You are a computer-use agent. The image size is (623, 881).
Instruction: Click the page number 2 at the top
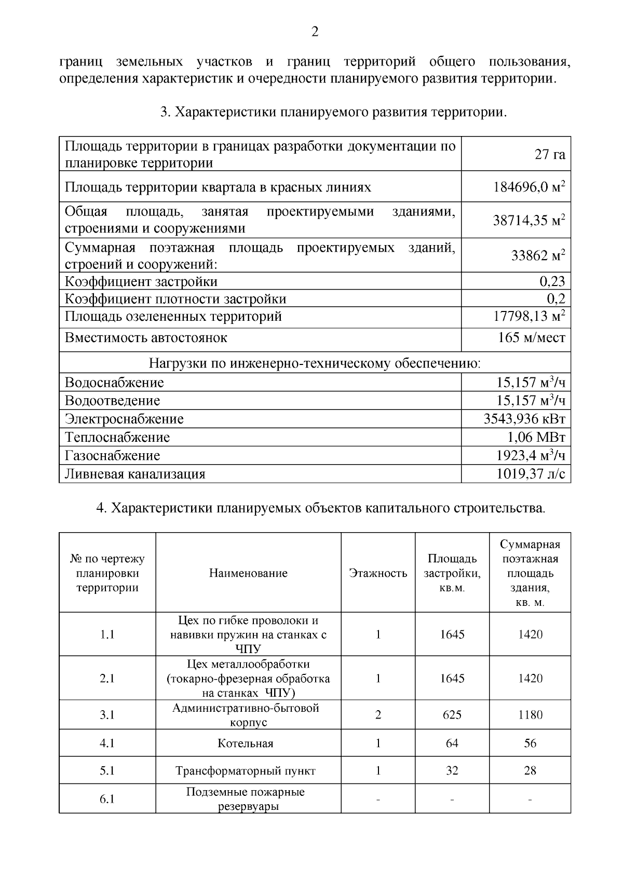click(315, 32)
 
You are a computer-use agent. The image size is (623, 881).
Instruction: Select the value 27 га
click(550, 154)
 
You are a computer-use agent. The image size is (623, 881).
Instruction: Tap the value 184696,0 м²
click(529, 187)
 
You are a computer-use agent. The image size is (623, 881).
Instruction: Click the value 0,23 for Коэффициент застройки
click(552, 281)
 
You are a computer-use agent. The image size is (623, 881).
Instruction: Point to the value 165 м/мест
click(531, 338)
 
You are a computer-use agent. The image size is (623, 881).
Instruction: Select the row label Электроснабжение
click(124, 419)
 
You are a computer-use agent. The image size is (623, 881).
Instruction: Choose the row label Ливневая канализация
click(135, 474)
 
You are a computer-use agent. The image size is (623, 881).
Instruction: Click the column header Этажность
click(378, 573)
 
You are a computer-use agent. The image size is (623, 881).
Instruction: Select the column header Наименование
click(248, 573)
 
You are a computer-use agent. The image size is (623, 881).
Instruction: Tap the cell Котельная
click(246, 743)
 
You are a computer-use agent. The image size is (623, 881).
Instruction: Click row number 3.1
click(107, 715)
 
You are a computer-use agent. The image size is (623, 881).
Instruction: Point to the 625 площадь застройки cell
click(452, 715)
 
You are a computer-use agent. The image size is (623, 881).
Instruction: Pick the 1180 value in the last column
click(530, 715)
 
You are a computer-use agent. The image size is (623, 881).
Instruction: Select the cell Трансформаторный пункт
click(246, 771)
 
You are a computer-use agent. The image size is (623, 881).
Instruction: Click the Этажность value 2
click(378, 715)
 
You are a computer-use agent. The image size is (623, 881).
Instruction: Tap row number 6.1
click(107, 799)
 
